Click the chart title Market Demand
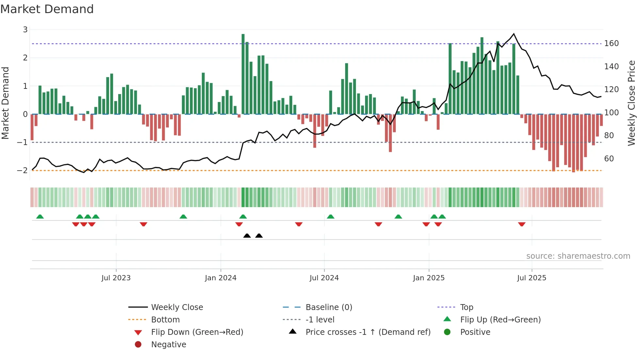pyautogui.click(x=47, y=9)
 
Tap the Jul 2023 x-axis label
pyautogui.click(x=116, y=278)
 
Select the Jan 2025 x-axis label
pyautogui.click(x=428, y=278)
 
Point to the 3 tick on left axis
pyautogui.click(x=25, y=30)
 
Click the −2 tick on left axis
pyautogui.click(x=23, y=171)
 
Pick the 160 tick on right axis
pyautogui.click(x=611, y=43)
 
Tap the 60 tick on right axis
pyautogui.click(x=609, y=159)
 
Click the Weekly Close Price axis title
pyautogui.click(x=632, y=103)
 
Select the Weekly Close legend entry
pyautogui.click(x=177, y=307)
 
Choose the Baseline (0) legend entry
pyautogui.click(x=328, y=307)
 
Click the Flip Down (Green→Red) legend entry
pyautogui.click(x=197, y=332)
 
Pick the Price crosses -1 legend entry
pyautogui.click(x=368, y=332)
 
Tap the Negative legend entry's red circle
pyautogui.click(x=138, y=345)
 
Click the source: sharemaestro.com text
pyautogui.click(x=578, y=256)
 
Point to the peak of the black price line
pyautogui.click(x=514, y=34)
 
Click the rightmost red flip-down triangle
pyautogui.click(x=521, y=224)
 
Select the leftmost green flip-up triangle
pyautogui.click(x=40, y=217)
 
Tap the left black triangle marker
pyautogui.click(x=247, y=236)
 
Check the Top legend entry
pyautogui.click(x=466, y=307)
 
